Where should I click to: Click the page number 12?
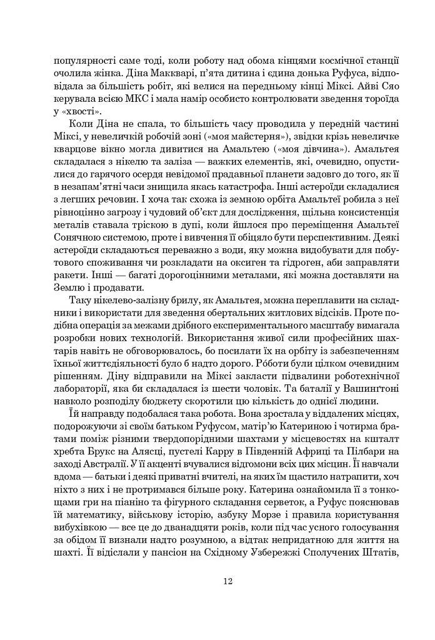click(x=227, y=581)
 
